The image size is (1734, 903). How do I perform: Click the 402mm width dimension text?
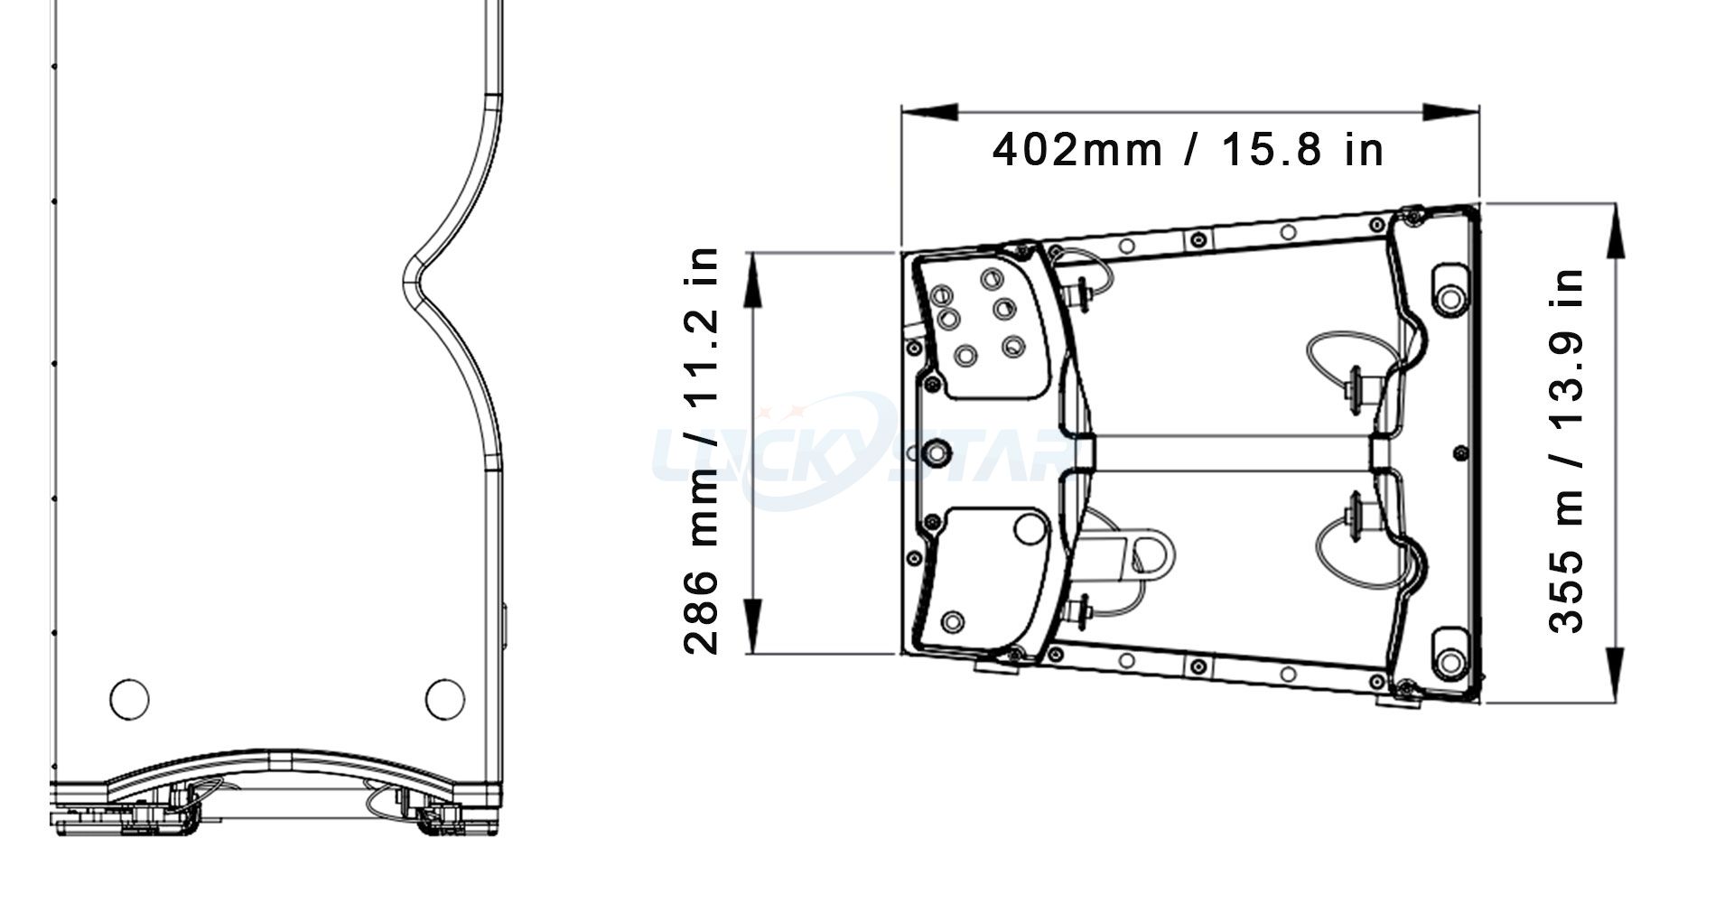1077,150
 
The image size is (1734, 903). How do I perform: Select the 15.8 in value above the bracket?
1302,150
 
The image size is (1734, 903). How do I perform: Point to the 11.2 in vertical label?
703,328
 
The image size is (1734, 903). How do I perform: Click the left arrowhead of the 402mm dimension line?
929,112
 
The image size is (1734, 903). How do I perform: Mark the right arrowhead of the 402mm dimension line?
1451,112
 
